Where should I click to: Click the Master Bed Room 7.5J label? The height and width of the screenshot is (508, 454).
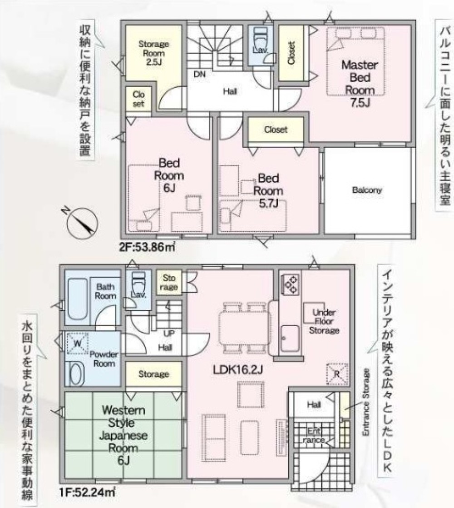[x=360, y=83]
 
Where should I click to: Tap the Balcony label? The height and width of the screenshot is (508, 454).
[x=367, y=190]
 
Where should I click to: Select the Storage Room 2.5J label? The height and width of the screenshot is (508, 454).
[x=153, y=53]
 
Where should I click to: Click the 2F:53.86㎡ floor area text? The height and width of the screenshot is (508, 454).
[x=147, y=247]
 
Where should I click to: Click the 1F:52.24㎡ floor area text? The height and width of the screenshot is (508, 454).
[x=87, y=493]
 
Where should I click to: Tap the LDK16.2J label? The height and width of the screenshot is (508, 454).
[x=237, y=369]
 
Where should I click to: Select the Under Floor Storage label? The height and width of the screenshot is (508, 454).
[x=324, y=321]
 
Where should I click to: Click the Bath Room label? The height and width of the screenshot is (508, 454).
[x=105, y=291]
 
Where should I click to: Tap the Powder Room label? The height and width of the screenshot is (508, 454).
[x=104, y=359]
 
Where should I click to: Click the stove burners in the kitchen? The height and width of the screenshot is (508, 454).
[x=290, y=284]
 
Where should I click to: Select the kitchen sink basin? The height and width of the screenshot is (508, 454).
[x=290, y=339]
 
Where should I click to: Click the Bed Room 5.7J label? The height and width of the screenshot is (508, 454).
[x=268, y=190]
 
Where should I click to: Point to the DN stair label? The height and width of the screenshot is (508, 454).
[x=199, y=74]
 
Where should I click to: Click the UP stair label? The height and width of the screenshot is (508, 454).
[x=169, y=333]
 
